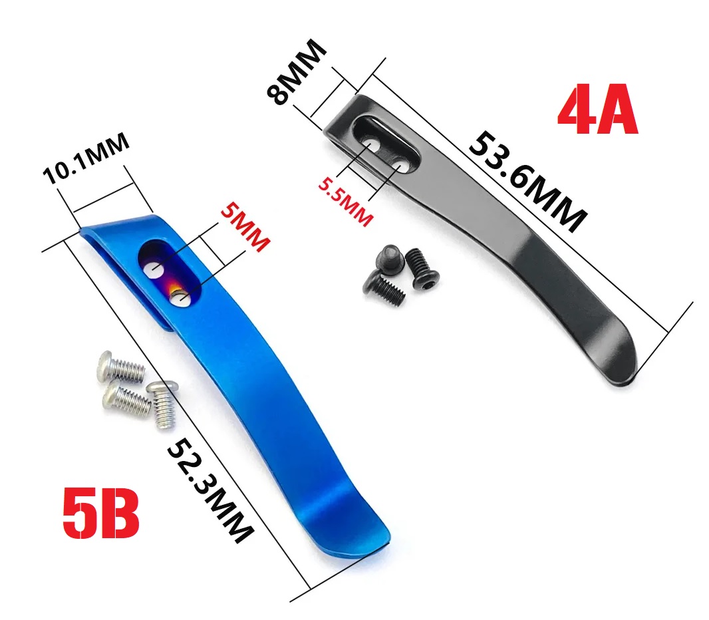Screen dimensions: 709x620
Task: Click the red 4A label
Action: (598, 109)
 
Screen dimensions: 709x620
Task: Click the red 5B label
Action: (100, 513)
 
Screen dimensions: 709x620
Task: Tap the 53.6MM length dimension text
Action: (527, 182)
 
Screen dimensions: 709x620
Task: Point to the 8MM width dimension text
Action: (296, 72)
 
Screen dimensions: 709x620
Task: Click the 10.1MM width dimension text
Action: (86, 159)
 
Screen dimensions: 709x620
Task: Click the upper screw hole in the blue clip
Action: (153, 269)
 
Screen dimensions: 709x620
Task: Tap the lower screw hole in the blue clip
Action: (182, 299)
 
